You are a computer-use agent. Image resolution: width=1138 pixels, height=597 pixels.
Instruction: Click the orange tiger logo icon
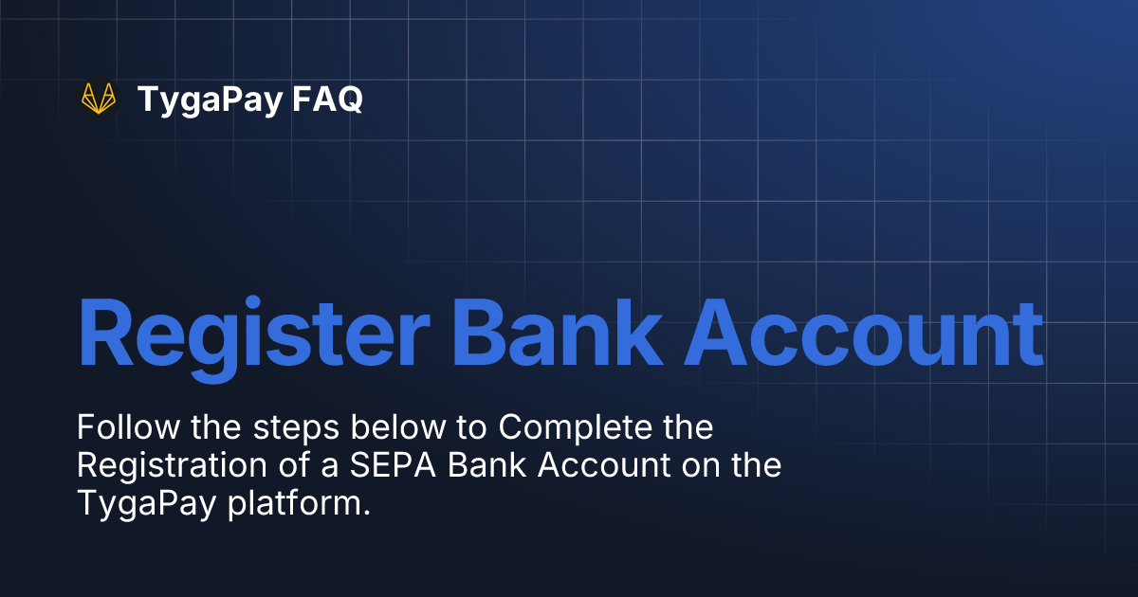pos(99,99)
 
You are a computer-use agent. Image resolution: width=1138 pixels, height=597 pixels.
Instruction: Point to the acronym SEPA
pos(363,465)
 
